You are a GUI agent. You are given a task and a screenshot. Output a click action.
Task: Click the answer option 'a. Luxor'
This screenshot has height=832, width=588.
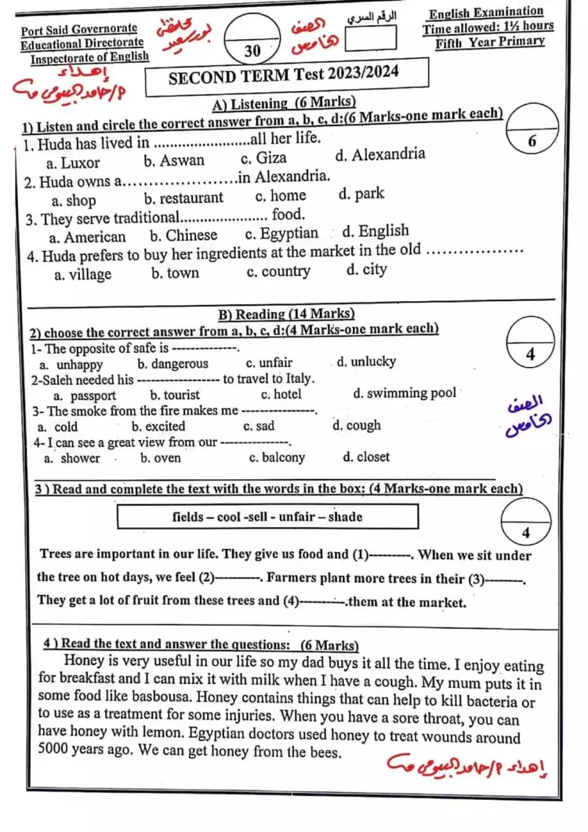pyautogui.click(x=73, y=163)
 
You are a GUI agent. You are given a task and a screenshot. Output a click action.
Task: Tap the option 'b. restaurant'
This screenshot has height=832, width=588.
pyautogui.click(x=184, y=198)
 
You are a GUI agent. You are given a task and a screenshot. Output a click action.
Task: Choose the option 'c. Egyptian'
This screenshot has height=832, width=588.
pyautogui.click(x=281, y=234)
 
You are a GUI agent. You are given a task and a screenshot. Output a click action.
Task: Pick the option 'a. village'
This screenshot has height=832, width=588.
pyautogui.click(x=83, y=274)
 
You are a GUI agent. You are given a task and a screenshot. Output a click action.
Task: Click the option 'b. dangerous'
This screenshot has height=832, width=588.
pyautogui.click(x=172, y=364)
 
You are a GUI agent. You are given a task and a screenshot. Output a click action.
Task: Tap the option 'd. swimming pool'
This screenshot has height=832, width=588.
pyautogui.click(x=405, y=393)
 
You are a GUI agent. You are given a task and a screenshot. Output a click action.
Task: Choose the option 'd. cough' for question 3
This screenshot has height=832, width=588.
pyautogui.click(x=357, y=426)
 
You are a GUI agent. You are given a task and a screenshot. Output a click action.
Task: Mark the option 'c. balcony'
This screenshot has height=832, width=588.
pyautogui.click(x=277, y=458)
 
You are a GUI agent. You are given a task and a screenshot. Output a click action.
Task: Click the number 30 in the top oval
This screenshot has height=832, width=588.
pyautogui.click(x=252, y=51)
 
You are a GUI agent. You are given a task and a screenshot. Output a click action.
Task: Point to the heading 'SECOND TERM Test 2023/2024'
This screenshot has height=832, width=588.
pyautogui.click(x=284, y=74)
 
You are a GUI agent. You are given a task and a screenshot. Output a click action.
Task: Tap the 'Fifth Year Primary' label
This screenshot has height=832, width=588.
pyautogui.click(x=489, y=42)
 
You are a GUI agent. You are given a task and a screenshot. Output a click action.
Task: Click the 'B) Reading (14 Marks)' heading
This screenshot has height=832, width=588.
pyautogui.click(x=285, y=314)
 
